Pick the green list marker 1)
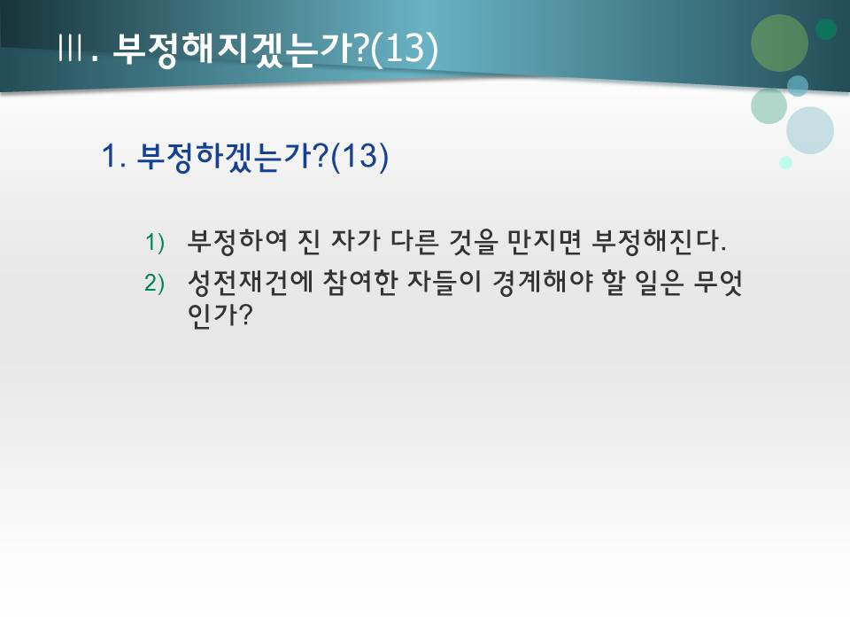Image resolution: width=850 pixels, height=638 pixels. [156, 242]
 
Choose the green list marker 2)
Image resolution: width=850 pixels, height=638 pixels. [156, 283]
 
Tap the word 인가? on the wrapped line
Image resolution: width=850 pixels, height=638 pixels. [215, 315]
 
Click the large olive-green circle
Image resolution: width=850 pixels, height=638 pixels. [779, 43]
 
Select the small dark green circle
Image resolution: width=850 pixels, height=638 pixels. [826, 29]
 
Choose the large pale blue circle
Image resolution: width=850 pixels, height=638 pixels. [809, 130]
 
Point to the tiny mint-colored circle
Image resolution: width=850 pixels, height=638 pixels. [785, 162]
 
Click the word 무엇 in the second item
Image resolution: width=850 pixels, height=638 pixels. [716, 282]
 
